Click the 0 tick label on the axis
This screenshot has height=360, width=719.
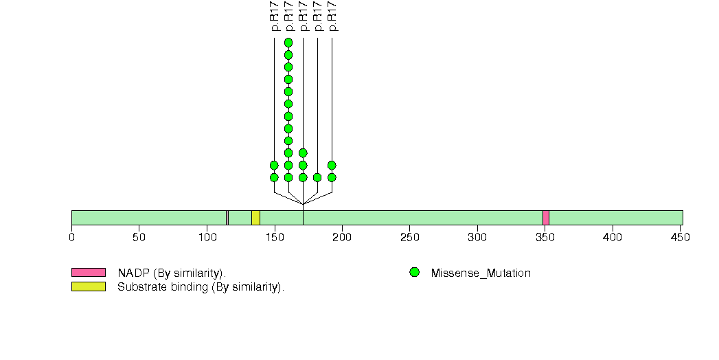[71, 238]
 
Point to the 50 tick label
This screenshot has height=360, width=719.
[139, 238]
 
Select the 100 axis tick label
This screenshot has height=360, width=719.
[207, 238]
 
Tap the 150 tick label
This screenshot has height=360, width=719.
[275, 238]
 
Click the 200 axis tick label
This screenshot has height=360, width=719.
[342, 238]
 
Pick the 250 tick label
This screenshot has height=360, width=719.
[409, 238]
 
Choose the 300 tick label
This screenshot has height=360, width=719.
[477, 238]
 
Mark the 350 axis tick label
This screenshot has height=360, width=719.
[545, 238]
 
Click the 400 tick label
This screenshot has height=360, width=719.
[613, 238]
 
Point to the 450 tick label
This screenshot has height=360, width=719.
[680, 238]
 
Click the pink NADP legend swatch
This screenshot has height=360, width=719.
[88, 273]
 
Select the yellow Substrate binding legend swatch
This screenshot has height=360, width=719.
[88, 286]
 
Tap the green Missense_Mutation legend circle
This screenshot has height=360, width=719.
[414, 273]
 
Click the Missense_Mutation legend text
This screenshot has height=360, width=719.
[481, 273]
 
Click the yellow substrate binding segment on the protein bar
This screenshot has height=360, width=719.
[255, 218]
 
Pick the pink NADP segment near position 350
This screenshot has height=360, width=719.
[546, 218]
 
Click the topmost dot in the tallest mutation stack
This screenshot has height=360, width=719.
[288, 43]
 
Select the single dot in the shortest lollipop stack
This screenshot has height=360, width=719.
[317, 177]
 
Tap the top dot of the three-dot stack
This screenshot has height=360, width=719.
[303, 153]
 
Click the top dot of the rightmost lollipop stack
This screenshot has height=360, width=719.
[332, 165]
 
